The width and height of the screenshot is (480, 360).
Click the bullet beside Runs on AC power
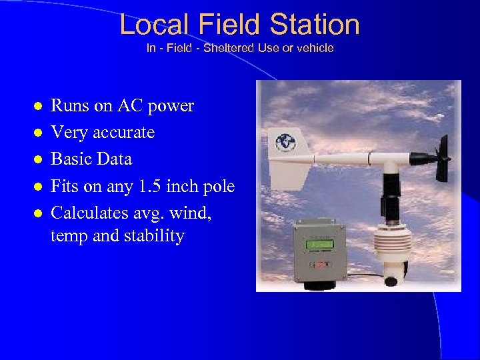(x=39, y=107)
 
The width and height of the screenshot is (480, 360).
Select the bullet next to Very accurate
(x=39, y=133)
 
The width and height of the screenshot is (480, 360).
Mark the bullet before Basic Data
(x=39, y=160)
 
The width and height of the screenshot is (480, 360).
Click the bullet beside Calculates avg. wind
(x=39, y=213)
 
